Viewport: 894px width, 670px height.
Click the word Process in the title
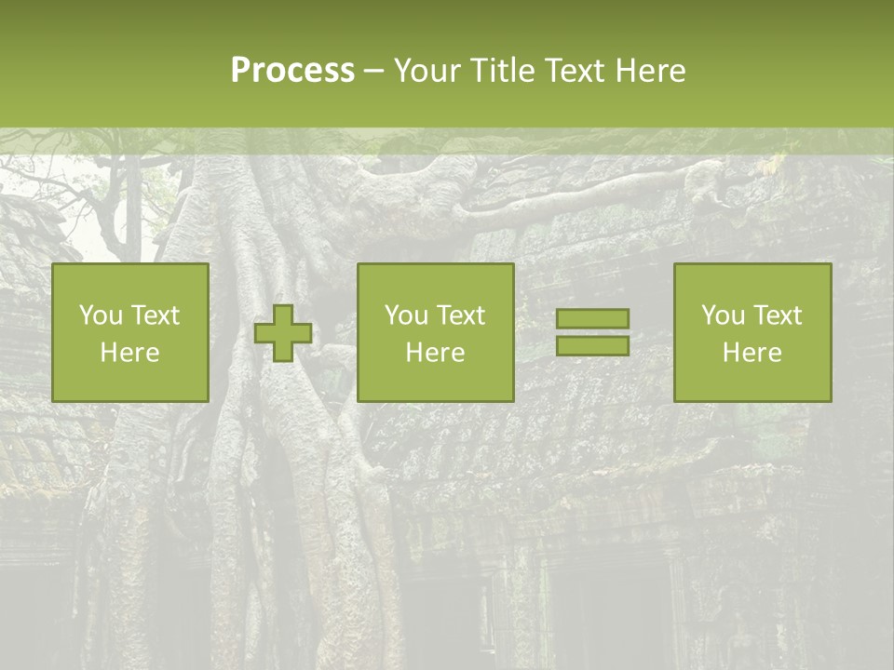(x=292, y=71)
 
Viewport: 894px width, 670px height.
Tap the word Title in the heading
(x=499, y=71)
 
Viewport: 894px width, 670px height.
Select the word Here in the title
(x=652, y=71)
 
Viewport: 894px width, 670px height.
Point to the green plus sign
(x=283, y=332)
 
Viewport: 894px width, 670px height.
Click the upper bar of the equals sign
(x=592, y=318)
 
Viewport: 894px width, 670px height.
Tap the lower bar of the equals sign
(x=592, y=345)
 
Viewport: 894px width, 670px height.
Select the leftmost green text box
(x=130, y=332)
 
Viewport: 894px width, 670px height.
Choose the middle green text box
(x=436, y=332)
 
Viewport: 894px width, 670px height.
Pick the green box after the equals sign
(x=752, y=332)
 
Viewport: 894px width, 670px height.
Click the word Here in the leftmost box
(x=130, y=353)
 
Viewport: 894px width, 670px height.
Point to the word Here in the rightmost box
(x=752, y=353)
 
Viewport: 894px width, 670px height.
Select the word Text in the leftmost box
(x=156, y=315)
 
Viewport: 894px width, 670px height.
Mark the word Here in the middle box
(x=436, y=353)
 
